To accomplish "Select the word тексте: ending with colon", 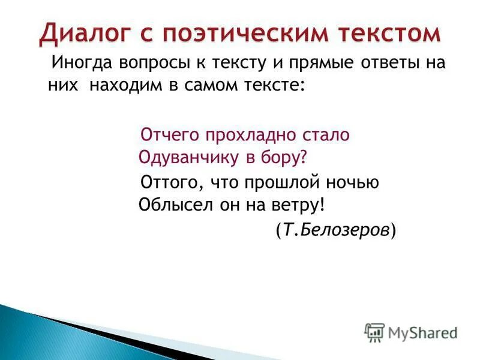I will click(277, 86).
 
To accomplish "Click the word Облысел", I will click(168, 205).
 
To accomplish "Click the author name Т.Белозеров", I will click(336, 230).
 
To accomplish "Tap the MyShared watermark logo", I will click(412, 332).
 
